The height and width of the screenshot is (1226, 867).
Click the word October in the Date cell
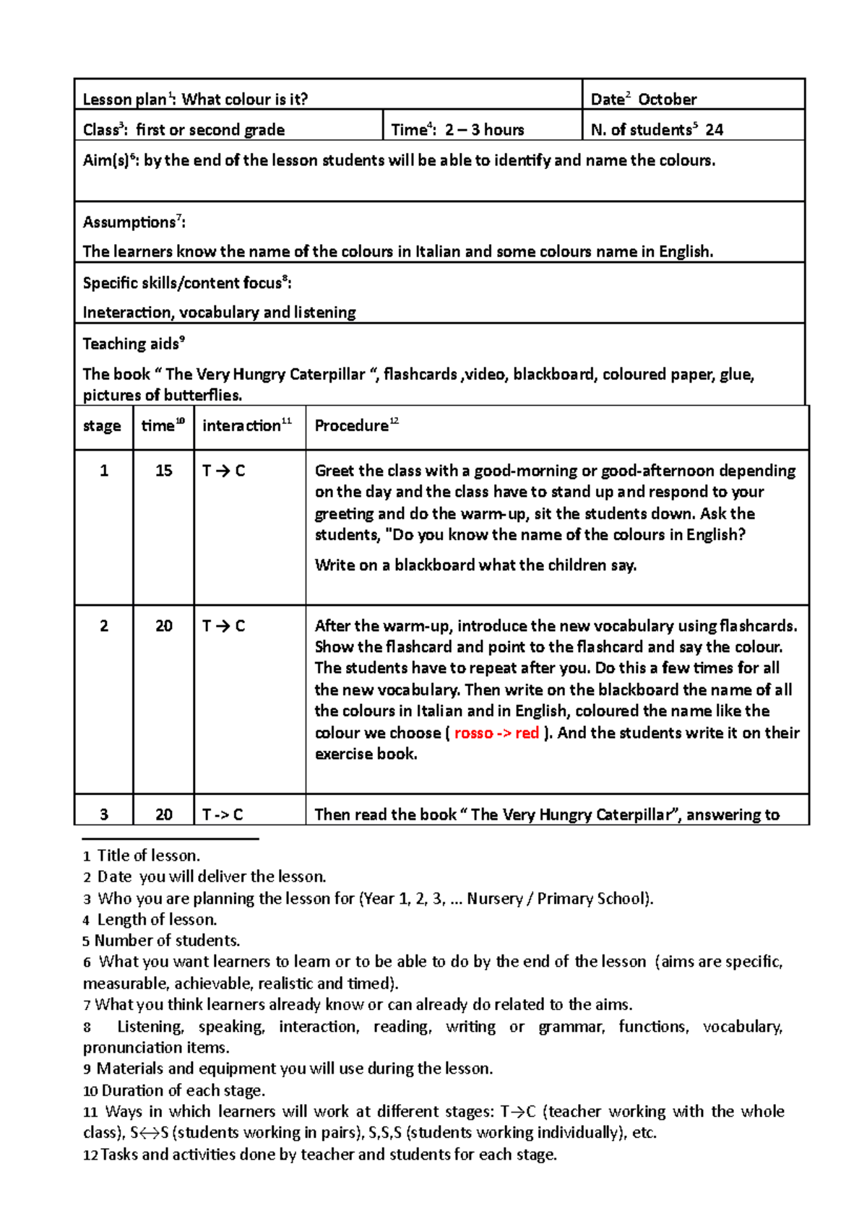[667, 100]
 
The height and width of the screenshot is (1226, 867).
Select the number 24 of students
[714, 130]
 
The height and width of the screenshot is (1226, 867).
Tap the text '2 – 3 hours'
[484, 130]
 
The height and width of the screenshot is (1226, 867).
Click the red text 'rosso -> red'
[496, 733]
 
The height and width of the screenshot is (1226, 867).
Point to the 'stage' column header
[102, 426]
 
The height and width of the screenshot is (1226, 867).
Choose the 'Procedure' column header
[351, 426]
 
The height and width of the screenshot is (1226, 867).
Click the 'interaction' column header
[241, 426]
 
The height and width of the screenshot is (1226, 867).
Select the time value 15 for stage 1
[164, 471]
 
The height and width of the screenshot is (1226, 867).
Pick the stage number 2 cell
[104, 626]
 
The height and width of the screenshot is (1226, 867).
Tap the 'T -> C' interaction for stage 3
[223, 815]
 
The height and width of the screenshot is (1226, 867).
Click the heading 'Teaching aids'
[130, 344]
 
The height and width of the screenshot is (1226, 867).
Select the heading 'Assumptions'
[129, 222]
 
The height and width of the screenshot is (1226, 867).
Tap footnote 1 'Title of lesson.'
[148, 856]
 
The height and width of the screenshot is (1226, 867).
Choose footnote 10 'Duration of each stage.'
[183, 1090]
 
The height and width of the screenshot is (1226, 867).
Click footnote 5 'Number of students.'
[167, 941]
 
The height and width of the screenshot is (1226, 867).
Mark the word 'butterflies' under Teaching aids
[201, 396]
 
